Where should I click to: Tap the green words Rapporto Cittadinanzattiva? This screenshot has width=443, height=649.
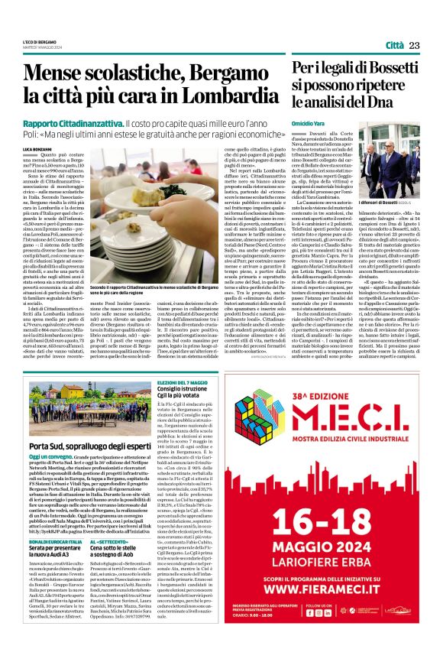coord(73,123)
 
